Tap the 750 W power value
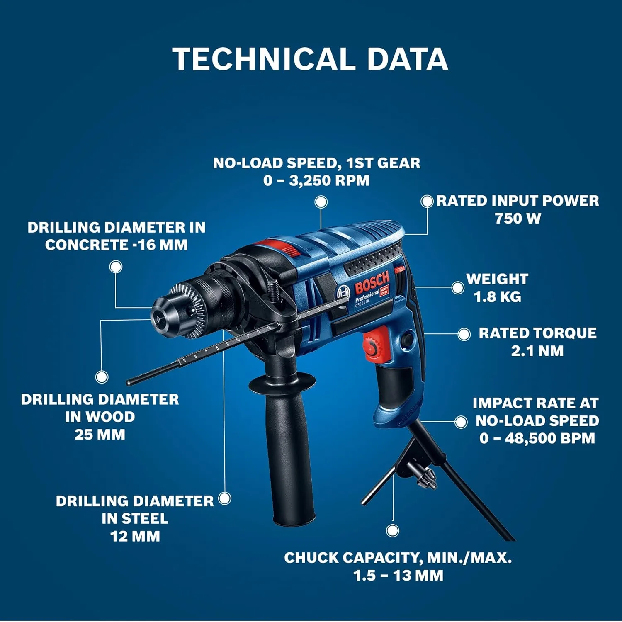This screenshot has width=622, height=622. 518,219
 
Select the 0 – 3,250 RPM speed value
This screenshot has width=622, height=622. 316,181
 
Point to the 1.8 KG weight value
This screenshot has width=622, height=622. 497,297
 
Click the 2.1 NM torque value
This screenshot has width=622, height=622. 537,351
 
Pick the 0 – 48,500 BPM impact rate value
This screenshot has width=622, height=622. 537,439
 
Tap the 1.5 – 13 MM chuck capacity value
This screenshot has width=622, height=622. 398,576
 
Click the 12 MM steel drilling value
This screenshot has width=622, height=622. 135,536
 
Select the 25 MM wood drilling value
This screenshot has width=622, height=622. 100,435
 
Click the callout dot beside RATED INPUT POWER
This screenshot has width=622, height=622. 427,201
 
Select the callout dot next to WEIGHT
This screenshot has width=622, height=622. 458,288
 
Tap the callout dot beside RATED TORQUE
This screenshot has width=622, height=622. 464,334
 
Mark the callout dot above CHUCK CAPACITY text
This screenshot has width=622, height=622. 393,530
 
